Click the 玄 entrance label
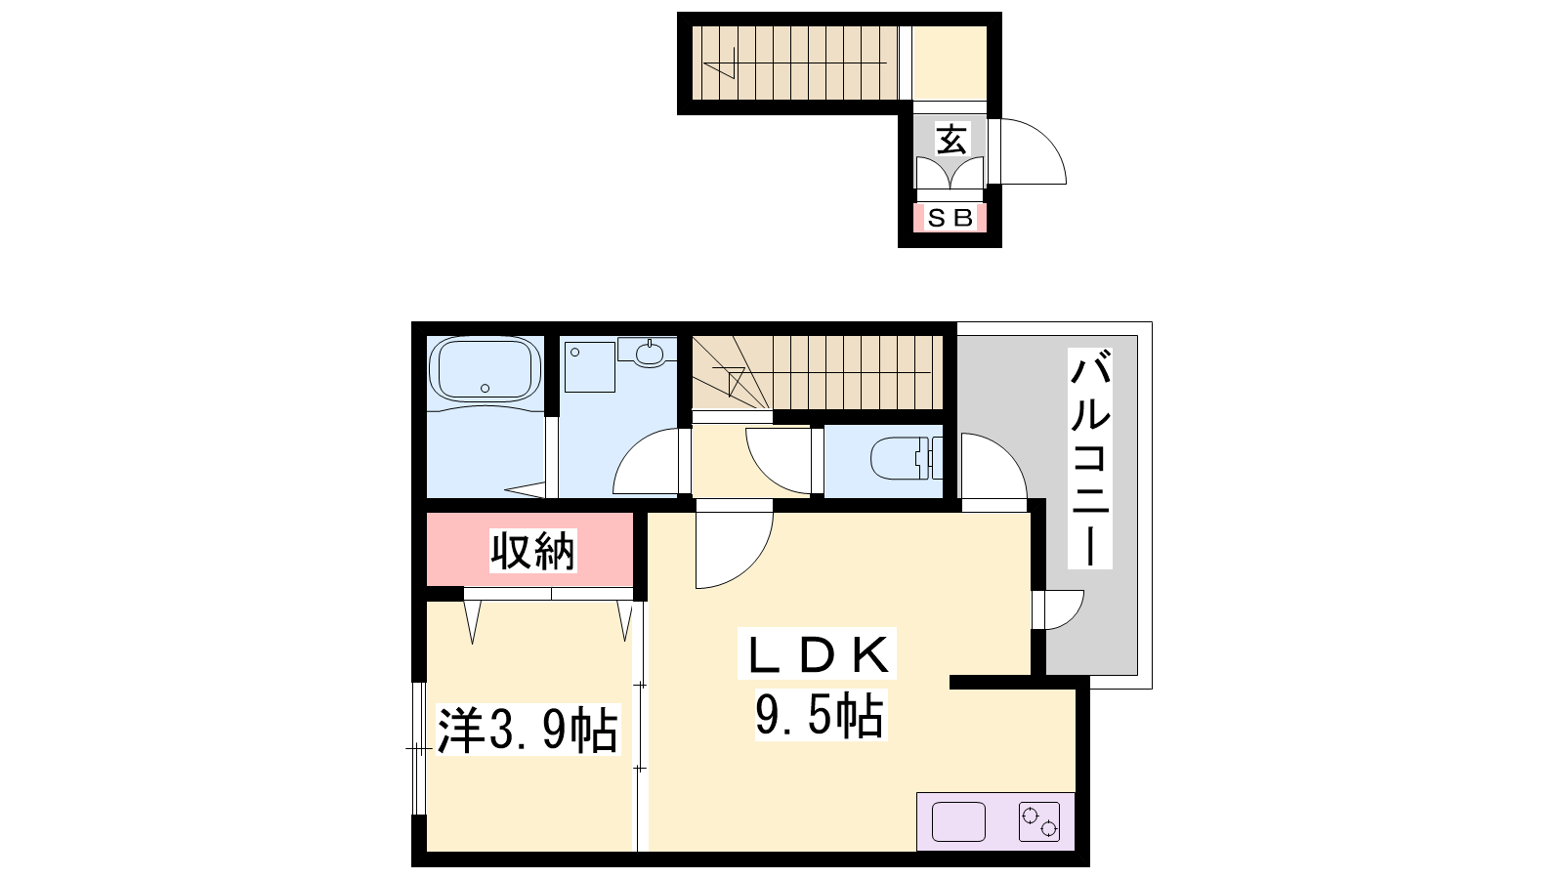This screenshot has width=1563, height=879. click(x=951, y=141)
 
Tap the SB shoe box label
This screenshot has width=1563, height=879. click(x=950, y=219)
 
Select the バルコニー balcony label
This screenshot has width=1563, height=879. click(x=1089, y=458)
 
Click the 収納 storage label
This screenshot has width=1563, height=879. click(x=532, y=551)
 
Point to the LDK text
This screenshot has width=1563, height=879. click(x=817, y=653)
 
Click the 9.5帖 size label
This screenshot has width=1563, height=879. click(x=820, y=715)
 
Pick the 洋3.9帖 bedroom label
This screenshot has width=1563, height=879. click(x=528, y=730)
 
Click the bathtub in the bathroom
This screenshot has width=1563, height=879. click(x=485, y=369)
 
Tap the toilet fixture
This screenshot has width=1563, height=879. click(x=906, y=458)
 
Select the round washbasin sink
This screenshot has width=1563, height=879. click(x=649, y=353)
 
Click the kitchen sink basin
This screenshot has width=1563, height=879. click(x=958, y=821)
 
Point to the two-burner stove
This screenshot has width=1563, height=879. click(x=1039, y=821)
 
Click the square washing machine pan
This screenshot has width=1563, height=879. click(x=590, y=366)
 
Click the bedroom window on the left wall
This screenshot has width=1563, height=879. click(x=419, y=748)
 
